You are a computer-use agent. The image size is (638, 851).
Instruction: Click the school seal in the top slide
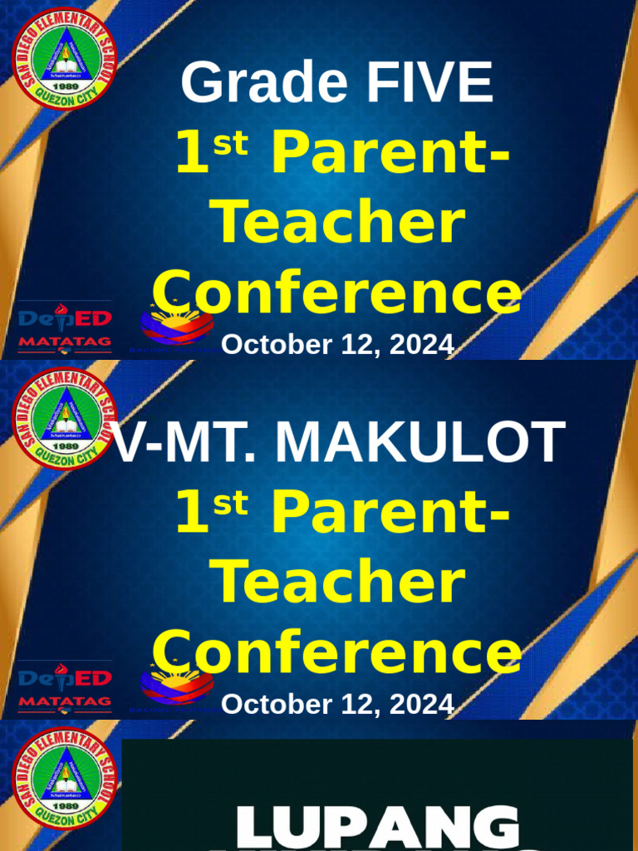tap(65, 59)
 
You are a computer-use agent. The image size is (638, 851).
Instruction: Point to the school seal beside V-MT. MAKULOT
tap(65, 418)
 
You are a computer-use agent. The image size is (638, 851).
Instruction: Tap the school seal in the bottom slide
tap(65, 779)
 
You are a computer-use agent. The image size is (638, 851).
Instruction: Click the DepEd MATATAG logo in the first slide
tap(65, 327)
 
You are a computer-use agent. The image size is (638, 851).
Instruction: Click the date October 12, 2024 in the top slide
tap(337, 344)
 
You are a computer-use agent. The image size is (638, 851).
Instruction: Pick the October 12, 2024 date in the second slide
tap(337, 705)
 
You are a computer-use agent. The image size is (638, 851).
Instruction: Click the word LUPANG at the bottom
tap(378, 828)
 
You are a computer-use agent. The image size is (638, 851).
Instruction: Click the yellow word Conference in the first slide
tap(337, 293)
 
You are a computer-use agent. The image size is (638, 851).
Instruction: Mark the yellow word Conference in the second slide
tap(337, 652)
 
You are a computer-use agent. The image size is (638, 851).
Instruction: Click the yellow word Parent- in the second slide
tap(390, 514)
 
